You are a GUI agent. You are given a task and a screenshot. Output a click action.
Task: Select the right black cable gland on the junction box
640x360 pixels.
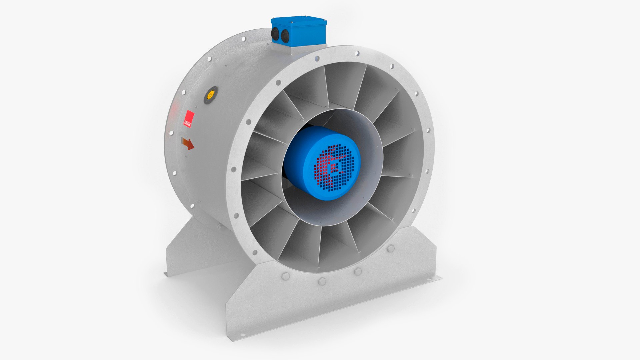click(285, 36)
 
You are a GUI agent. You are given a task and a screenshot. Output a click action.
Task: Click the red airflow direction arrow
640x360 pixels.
click(188, 143)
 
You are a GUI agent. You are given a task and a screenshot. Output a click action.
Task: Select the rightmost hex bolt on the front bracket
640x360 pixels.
click(391, 248)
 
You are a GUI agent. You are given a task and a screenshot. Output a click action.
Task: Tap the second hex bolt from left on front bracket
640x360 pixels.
click(322, 281)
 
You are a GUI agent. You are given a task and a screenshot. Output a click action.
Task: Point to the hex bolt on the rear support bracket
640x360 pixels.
click(220, 227)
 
